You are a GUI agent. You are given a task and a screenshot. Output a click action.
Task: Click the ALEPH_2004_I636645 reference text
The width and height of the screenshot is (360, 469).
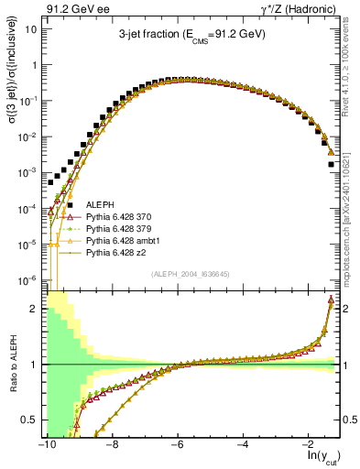191,274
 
